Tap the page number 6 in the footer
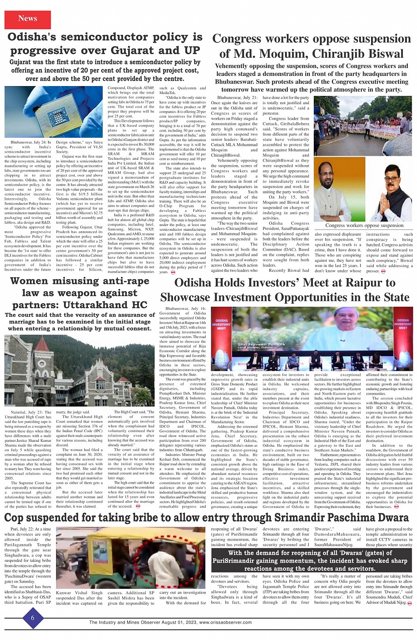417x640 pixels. point(33,618)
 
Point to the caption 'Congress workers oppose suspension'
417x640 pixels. point(364,226)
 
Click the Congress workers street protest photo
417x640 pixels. point(364,124)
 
